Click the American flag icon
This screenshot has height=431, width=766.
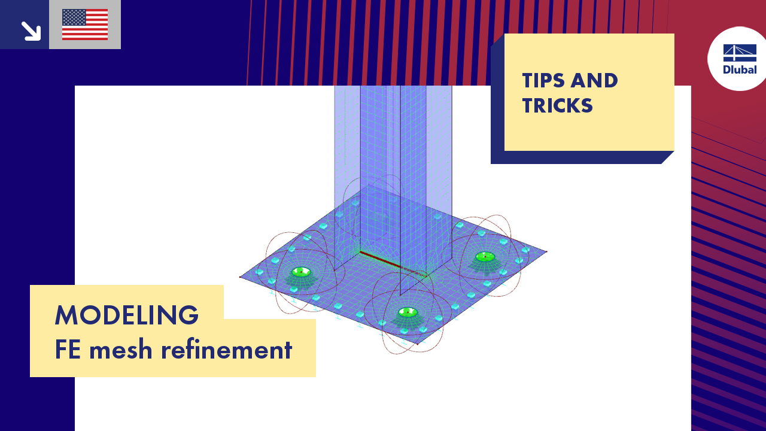coord(85,25)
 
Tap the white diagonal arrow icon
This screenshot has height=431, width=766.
coord(31,31)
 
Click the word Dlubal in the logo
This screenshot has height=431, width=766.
coord(740,70)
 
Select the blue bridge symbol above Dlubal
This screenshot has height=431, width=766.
coord(740,53)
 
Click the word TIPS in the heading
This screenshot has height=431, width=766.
coord(544,81)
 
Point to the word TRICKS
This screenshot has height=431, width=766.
coord(557,105)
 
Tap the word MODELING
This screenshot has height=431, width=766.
coord(126,315)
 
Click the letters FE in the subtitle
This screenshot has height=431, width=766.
coord(68,350)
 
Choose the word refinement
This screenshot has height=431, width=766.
coord(226,350)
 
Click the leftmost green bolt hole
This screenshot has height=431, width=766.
coord(301,272)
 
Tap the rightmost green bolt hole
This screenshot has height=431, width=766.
coord(485,256)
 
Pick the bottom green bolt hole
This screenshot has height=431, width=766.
coord(408,312)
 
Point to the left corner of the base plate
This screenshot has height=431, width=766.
coord(240,277)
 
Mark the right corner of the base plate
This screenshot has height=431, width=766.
coord(546,252)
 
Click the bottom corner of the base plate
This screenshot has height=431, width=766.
coord(418,344)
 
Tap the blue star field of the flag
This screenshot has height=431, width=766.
coord(74,17)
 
